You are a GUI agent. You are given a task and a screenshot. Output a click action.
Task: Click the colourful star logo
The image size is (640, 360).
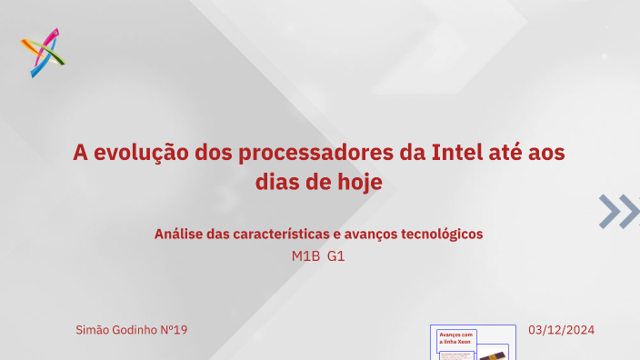click(43, 52)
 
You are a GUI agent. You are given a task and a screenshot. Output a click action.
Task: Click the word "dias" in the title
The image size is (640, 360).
click(278, 182)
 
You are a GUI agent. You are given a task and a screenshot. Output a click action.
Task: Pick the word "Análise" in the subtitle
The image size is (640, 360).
click(178, 234)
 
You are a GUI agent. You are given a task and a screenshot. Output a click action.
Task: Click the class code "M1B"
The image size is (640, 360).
click(305, 256)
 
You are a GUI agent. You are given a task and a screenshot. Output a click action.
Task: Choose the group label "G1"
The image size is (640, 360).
click(336, 256)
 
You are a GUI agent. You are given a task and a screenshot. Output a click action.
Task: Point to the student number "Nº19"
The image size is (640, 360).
click(174, 329)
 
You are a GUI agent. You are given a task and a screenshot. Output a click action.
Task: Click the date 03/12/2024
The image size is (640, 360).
click(561, 329)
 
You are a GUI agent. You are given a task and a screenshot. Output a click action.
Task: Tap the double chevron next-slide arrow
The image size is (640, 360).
click(619, 211)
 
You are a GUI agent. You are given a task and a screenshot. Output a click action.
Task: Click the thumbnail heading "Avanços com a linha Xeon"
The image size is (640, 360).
click(456, 338)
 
